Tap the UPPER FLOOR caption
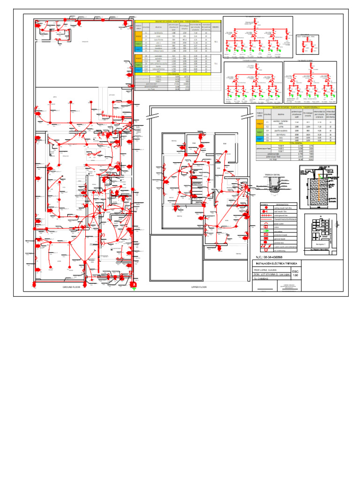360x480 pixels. pos(199,287)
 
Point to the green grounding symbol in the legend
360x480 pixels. pos(266,232)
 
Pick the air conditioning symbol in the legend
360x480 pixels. pos(266,251)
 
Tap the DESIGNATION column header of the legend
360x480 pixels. pos(283,204)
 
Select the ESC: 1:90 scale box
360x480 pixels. pos(295,273)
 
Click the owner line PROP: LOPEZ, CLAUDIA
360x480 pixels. pos(265,270)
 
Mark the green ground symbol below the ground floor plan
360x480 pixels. pos(134,288)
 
